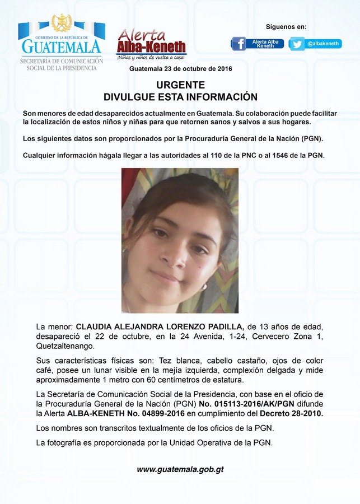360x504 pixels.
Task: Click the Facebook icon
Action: tap(239, 44)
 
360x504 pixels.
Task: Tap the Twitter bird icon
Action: tap(297, 44)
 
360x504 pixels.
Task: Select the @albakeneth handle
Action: tap(323, 44)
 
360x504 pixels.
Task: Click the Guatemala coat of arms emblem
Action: tap(61, 24)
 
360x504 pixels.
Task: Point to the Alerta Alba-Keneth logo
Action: tap(151, 43)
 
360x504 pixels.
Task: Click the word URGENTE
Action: tap(180, 85)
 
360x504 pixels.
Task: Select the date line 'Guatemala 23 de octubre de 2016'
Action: tap(180, 68)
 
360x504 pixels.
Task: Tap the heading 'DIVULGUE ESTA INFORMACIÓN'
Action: tap(180, 96)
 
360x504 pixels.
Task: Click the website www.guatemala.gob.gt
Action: tap(180, 469)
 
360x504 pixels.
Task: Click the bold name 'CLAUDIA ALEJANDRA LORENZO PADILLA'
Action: tap(160, 326)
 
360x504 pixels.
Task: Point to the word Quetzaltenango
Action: tap(63, 346)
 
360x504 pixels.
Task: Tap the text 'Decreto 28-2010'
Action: tap(292, 414)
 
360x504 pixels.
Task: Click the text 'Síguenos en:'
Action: tap(286, 27)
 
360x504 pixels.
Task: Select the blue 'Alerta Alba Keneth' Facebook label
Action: tap(265, 44)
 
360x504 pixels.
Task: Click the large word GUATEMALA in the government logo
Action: tap(61, 46)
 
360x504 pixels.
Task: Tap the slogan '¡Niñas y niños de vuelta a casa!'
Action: tap(151, 58)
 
